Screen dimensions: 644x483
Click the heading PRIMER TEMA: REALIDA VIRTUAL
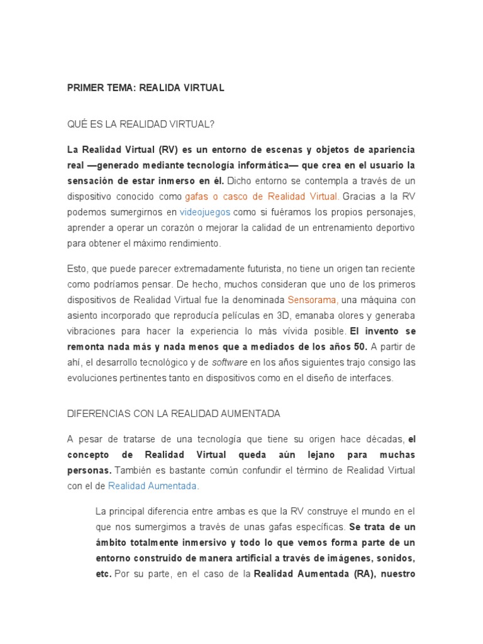point(145,88)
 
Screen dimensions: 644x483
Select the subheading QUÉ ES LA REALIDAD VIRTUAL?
point(140,125)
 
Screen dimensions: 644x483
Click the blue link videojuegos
point(205,212)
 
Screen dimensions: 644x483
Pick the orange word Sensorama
point(313,300)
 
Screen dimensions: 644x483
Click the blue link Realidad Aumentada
point(153,486)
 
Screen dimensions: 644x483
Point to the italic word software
point(230,363)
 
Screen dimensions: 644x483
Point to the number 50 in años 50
point(358,347)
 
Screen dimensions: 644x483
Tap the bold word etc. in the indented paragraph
point(103,573)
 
